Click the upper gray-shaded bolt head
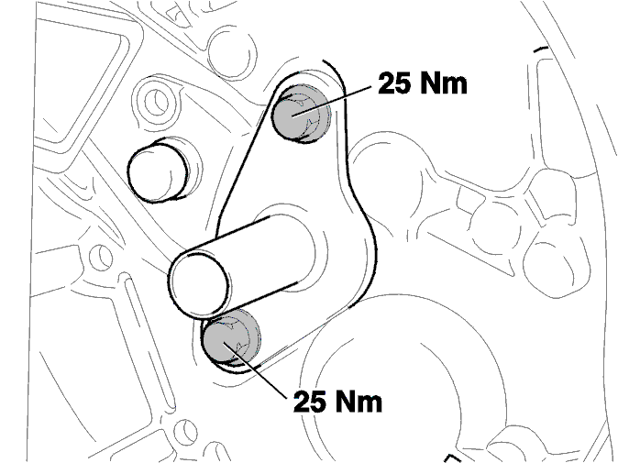pos(301,113)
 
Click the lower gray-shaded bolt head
pos(230,337)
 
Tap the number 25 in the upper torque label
pos(393,83)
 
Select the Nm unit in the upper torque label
pos(443,83)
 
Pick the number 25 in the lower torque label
pos(309,402)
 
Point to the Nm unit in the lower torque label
pos(359,402)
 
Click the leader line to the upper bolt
pos(331,100)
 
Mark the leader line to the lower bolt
pos(255,368)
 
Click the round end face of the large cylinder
pos(198,285)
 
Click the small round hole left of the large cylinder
pos(101,257)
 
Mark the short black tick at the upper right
pos(540,50)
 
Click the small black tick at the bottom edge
pos(452,458)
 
